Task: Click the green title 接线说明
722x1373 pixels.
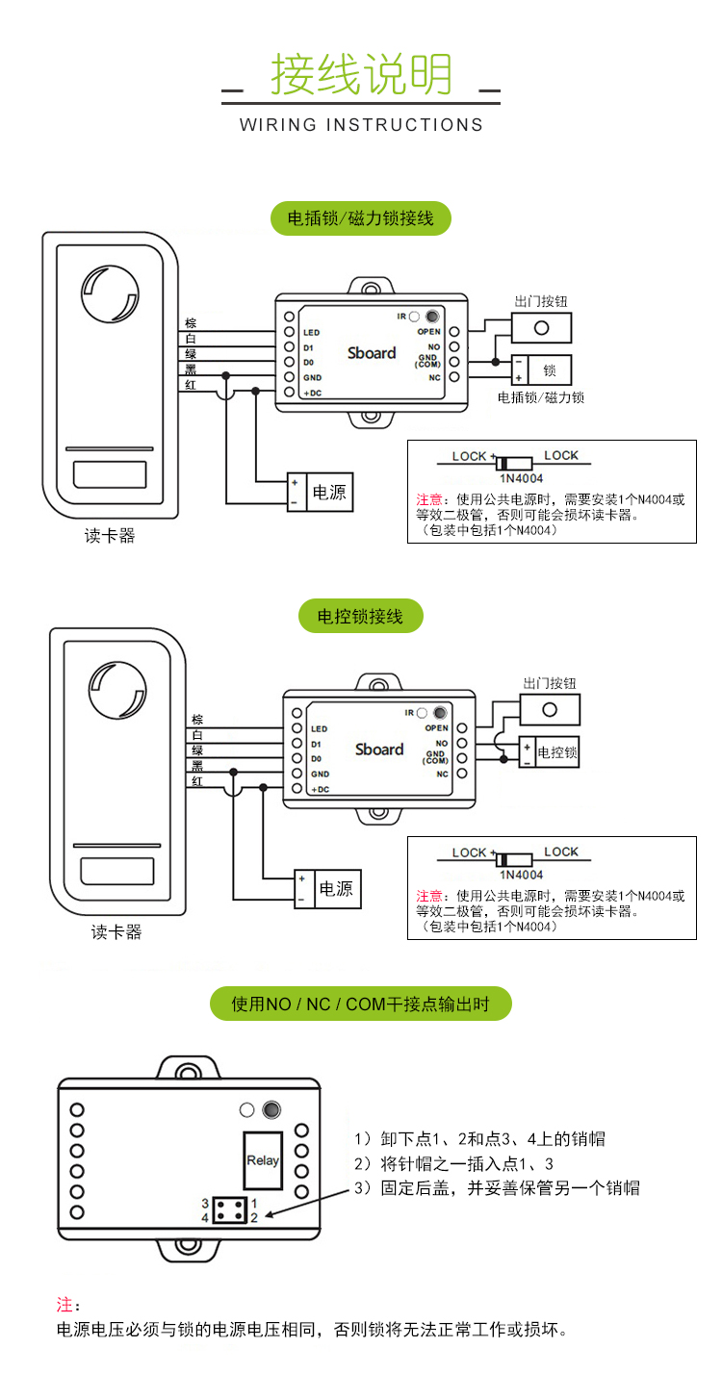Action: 361,74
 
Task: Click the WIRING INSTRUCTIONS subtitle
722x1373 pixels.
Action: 361,125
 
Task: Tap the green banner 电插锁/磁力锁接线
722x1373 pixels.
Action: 361,217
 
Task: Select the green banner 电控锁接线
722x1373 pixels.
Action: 361,616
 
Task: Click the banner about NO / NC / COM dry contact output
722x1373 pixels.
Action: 361,1004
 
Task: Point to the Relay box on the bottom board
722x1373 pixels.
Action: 263,1160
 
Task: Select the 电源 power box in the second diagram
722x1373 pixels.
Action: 335,889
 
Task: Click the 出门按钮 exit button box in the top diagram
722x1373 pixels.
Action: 541,327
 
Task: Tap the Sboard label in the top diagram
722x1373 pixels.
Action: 372,353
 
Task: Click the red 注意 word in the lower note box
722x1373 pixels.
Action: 429,896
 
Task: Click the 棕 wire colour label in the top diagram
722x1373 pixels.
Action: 191,323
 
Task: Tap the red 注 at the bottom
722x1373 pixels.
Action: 64,1305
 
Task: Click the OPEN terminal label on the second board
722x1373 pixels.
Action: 436,728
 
